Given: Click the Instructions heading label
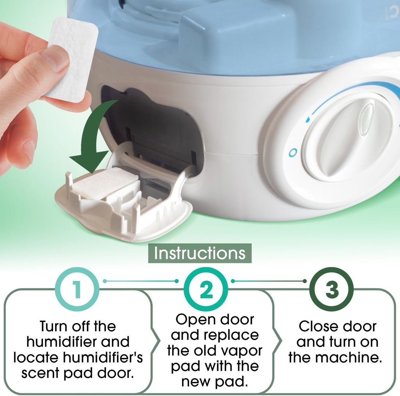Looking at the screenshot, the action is (x=200, y=253).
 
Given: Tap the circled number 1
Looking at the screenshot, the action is (x=77, y=289).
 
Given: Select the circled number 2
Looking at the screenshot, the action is (x=206, y=289).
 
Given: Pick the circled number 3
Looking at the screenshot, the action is (x=331, y=289).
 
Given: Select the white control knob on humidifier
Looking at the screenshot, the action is (x=347, y=140).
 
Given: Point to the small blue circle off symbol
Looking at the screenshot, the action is (x=293, y=153).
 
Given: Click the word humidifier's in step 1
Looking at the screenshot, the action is (x=103, y=357).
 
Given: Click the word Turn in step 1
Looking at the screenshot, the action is (x=53, y=326).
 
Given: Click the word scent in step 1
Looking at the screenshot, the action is (x=40, y=373).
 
